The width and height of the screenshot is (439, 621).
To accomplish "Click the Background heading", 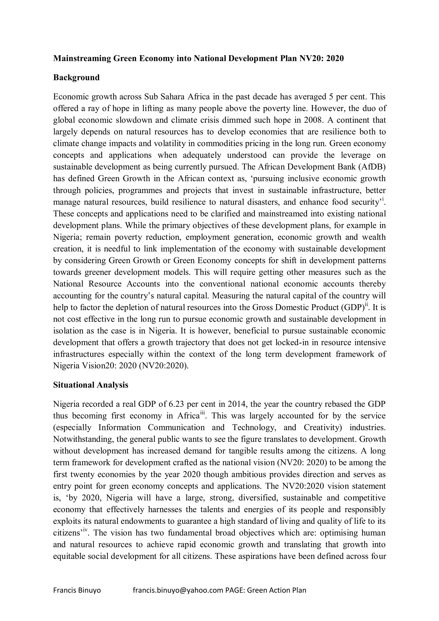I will (x=76, y=78).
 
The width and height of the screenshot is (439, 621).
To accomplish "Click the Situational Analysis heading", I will (x=91, y=385).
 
